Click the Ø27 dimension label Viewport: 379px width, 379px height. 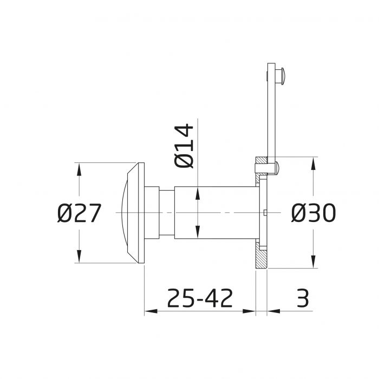click(x=79, y=214)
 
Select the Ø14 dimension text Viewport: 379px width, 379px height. click(x=185, y=146)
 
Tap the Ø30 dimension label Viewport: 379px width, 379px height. click(x=313, y=213)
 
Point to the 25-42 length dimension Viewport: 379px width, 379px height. click(x=200, y=298)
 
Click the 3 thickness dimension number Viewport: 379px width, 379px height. click(x=303, y=298)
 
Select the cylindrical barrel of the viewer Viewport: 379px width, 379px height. click(x=217, y=212)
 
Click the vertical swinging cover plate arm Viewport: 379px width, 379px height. click(x=271, y=114)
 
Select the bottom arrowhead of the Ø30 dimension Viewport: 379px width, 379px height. click(x=313, y=262)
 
